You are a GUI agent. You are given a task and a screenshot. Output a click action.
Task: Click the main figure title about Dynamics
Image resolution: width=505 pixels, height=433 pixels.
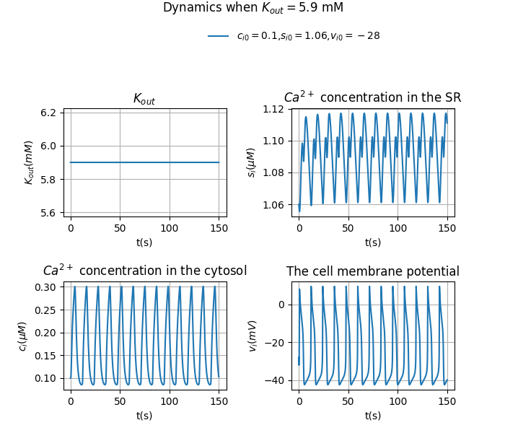tap(252, 8)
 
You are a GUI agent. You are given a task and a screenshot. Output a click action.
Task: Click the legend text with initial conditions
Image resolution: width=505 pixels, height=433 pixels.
tap(308, 36)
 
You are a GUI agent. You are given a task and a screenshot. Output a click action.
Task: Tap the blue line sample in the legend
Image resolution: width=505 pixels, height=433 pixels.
tap(219, 36)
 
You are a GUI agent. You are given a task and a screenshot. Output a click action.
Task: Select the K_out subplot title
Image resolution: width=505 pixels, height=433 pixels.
tap(144, 99)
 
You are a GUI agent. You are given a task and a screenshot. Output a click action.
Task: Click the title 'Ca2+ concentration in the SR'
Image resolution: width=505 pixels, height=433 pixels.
tap(372, 97)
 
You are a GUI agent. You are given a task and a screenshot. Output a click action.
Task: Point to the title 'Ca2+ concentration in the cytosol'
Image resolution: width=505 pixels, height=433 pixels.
tap(144, 271)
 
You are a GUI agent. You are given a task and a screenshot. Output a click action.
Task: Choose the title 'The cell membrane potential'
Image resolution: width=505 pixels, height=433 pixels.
tap(372, 271)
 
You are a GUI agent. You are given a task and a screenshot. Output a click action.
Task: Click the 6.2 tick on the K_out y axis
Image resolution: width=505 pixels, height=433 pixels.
tap(48, 113)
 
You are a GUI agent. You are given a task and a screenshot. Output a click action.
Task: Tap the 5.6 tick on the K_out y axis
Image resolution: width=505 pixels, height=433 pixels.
tap(48, 212)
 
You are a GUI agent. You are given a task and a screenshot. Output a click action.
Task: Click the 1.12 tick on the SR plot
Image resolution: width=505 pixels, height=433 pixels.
tap(274, 109)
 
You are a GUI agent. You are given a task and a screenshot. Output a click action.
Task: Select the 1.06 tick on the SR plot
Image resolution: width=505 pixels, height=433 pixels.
tap(274, 205)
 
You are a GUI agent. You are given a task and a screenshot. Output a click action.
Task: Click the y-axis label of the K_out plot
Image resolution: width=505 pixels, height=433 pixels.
tap(30, 162)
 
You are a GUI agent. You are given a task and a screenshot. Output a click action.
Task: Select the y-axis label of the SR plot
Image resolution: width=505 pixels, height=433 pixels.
tap(251, 162)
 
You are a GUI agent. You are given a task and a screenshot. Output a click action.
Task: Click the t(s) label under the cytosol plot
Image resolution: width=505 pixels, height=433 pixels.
tap(144, 416)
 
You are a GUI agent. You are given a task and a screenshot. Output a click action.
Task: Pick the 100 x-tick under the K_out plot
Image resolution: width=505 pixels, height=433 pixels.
tap(170, 228)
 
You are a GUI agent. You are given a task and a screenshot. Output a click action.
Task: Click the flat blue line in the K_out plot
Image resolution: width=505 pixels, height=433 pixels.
tap(144, 162)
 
